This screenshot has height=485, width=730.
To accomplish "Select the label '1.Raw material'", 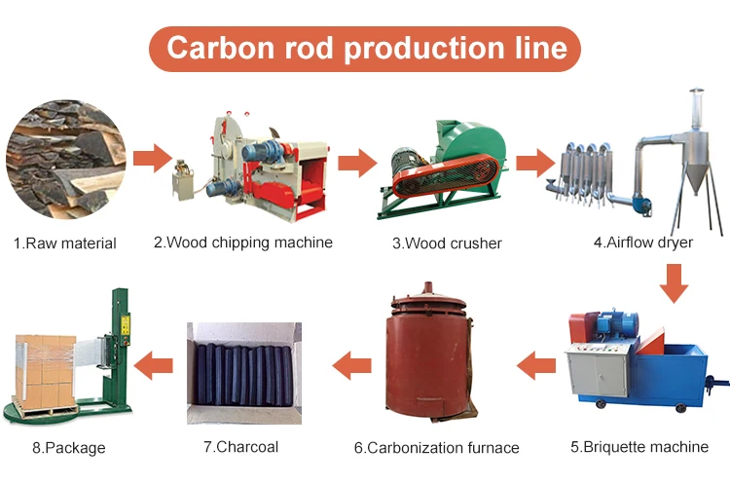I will click(65, 243).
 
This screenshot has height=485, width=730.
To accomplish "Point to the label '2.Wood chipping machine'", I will click(242, 242).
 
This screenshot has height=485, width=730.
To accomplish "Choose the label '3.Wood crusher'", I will click(447, 243).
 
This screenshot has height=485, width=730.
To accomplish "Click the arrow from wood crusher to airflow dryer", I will click(534, 162).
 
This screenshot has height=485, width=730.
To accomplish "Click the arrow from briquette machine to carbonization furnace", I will click(535, 367).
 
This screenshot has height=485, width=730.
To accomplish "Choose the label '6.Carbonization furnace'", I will click(436, 448).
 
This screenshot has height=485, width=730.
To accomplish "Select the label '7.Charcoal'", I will click(240, 447).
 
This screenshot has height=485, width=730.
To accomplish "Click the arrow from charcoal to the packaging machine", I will click(153, 367).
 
